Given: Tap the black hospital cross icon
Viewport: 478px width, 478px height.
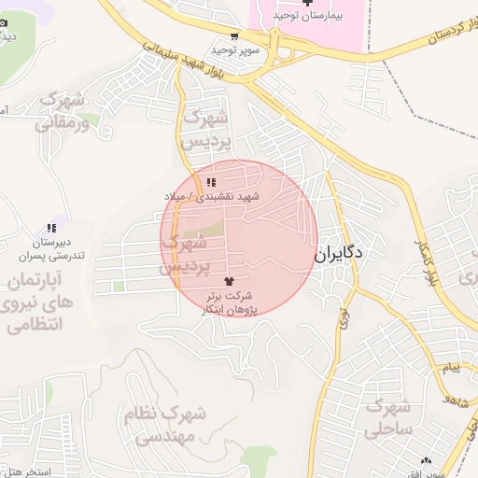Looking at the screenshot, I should pyautogui.click(x=307, y=4).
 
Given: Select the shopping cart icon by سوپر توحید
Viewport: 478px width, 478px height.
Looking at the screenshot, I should pyautogui.click(x=233, y=36).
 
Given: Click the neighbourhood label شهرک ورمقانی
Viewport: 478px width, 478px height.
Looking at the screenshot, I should pyautogui.click(x=63, y=110).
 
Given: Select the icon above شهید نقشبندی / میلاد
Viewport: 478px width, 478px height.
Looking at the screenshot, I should pyautogui.click(x=212, y=181).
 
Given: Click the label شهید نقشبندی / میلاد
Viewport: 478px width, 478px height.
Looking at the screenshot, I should pyautogui.click(x=213, y=196).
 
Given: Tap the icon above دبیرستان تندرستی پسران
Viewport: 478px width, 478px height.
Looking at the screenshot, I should pyautogui.click(x=51, y=228).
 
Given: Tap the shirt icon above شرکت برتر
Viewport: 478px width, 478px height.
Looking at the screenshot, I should pyautogui.click(x=230, y=280).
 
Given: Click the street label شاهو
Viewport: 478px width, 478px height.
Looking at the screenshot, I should pyautogui.click(x=457, y=398).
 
